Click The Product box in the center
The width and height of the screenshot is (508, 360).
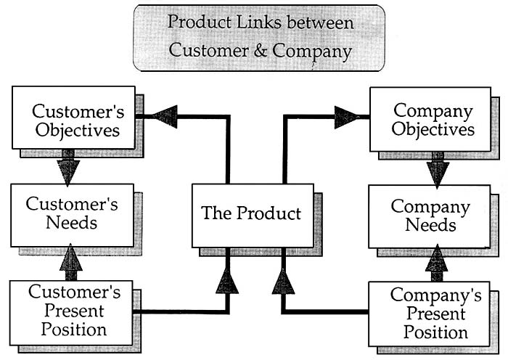251,213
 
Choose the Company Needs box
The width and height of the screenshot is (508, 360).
430,216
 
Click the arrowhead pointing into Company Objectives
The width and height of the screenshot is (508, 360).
347,116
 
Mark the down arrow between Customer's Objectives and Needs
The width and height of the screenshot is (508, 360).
68,168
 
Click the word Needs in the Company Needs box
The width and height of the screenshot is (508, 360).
430,225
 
